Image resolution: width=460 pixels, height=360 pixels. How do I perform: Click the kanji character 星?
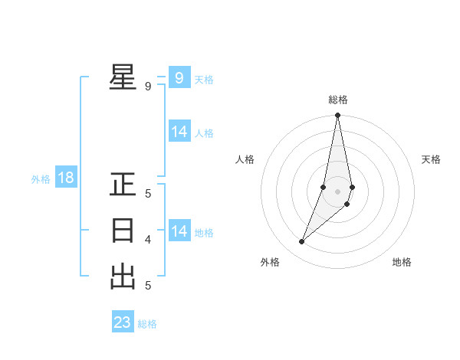(123, 77)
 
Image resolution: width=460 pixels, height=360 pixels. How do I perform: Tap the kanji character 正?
(123, 185)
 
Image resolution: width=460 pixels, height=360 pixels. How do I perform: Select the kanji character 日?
(123, 231)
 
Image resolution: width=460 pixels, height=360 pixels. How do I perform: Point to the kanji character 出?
(123, 277)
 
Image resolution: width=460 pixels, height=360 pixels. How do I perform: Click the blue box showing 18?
(66, 178)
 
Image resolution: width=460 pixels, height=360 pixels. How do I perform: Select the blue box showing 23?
(123, 322)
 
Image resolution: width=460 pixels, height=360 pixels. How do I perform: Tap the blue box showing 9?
(179, 77)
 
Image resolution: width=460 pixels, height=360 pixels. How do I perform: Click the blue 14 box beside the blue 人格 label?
(179, 132)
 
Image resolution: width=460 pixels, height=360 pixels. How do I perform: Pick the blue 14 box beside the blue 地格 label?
(179, 231)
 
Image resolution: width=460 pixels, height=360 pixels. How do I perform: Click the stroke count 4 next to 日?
(148, 240)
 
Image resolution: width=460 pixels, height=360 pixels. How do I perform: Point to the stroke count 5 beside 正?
(148, 194)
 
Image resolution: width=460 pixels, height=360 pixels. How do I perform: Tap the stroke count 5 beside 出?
(148, 286)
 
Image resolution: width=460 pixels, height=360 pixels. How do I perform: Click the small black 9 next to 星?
(148, 87)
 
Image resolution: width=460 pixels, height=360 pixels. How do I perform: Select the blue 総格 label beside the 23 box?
(147, 324)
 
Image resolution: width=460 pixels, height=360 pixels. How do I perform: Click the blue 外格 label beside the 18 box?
(41, 179)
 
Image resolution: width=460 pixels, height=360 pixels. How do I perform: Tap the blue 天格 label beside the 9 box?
(204, 79)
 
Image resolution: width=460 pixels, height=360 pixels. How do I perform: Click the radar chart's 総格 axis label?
(338, 100)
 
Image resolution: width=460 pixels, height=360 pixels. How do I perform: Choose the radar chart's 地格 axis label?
(402, 262)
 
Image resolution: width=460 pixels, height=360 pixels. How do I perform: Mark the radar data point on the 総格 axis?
(338, 116)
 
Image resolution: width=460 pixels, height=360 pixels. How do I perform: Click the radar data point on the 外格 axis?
(302, 242)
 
